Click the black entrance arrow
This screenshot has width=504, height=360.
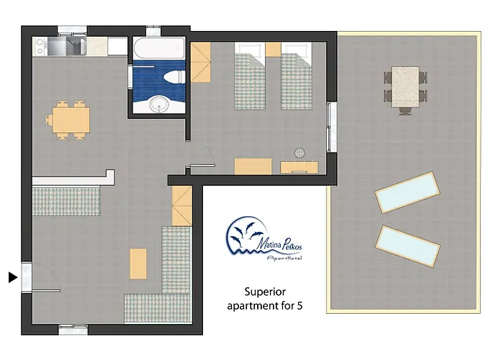[x=12, y=277]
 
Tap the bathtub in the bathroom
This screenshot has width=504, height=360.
[x=159, y=48]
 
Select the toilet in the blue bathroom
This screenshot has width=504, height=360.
[x=174, y=77]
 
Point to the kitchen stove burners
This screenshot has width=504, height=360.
[x=40, y=47]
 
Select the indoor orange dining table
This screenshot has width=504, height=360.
[x=71, y=120]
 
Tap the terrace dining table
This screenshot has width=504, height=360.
[x=405, y=86]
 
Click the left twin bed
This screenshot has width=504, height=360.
[x=250, y=76]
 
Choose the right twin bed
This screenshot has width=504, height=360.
[x=297, y=76]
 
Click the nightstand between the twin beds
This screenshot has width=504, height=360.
[x=273, y=50]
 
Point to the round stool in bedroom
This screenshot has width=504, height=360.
[x=300, y=153]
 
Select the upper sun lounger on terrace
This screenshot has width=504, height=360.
[x=408, y=192]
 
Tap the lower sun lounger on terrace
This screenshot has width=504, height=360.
[x=408, y=246]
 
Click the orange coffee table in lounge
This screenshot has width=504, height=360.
[x=138, y=264]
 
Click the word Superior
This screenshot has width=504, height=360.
[x=265, y=292]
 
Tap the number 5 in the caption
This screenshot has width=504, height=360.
[x=300, y=306]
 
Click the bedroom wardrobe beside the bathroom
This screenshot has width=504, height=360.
[x=201, y=63]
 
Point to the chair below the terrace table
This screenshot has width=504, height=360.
[x=405, y=111]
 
